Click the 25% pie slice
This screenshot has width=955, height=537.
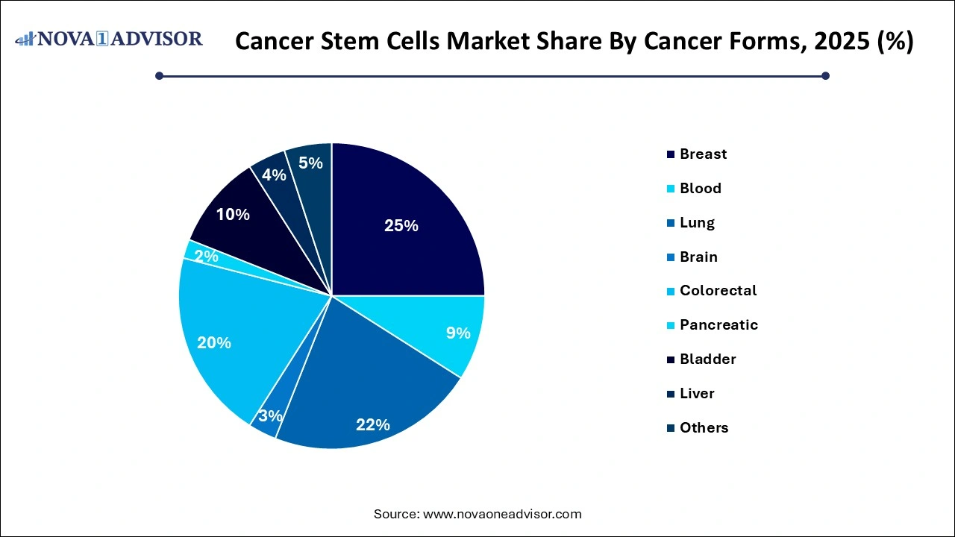point(401,226)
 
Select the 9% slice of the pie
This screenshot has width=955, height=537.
point(457,333)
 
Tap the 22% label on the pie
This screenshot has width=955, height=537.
point(373,424)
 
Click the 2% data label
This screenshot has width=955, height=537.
point(206,257)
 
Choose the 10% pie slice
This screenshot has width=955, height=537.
point(233,215)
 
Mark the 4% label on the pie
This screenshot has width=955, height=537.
point(274,175)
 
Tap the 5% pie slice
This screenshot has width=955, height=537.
point(310,163)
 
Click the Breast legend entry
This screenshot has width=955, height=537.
point(703,154)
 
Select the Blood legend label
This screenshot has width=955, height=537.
point(700,189)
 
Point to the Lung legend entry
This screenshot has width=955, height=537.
point(697,223)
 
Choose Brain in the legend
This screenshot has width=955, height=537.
point(698,257)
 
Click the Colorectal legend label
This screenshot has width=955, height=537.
point(718,291)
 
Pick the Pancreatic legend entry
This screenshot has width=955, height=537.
point(718,325)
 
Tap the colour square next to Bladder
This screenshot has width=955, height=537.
point(671,359)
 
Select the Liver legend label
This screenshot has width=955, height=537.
point(697,394)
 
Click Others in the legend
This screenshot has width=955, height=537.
point(704,428)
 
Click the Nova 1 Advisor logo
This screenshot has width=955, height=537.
point(109,39)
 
